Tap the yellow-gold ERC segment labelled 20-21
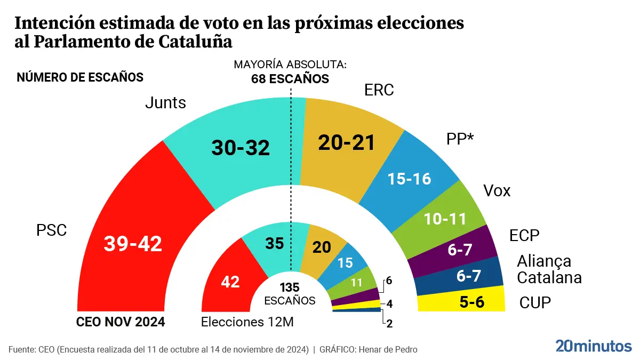coord(347,143)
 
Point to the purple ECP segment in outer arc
coord(460,250)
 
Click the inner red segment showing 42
coord(230,281)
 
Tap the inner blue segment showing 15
coord(346,262)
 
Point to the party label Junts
coord(165,102)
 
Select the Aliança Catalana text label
coord(548,269)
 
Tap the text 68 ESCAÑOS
coord(290,79)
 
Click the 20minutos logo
coord(593,346)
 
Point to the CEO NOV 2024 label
coord(121,322)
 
